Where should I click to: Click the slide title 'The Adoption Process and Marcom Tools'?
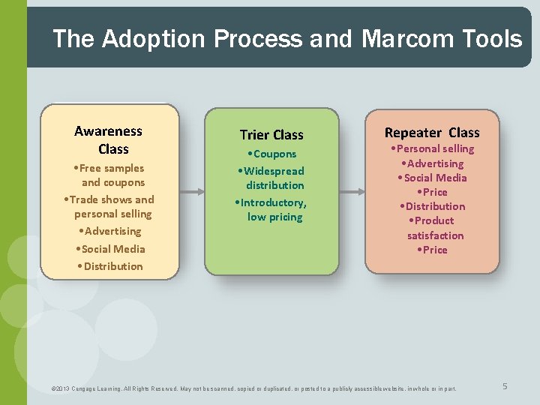[x=287, y=38]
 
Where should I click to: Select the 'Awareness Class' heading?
[x=109, y=140]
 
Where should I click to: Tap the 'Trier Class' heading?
[x=271, y=135]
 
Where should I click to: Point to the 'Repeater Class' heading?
[x=432, y=133]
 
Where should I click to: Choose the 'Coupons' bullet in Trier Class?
[x=271, y=154]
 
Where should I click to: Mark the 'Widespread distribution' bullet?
[x=271, y=178]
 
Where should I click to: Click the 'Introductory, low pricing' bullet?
[x=271, y=210]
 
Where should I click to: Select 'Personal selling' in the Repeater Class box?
[x=433, y=148]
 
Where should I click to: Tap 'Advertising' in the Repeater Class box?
[x=433, y=163]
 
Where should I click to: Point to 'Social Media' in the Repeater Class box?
[x=433, y=178]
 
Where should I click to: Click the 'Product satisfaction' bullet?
[x=433, y=228]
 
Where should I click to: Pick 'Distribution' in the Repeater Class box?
[x=433, y=206]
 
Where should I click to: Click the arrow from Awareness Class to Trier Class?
[x=192, y=191]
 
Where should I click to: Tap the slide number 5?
[x=505, y=386]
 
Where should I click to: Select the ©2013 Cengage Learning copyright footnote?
[x=253, y=388]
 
